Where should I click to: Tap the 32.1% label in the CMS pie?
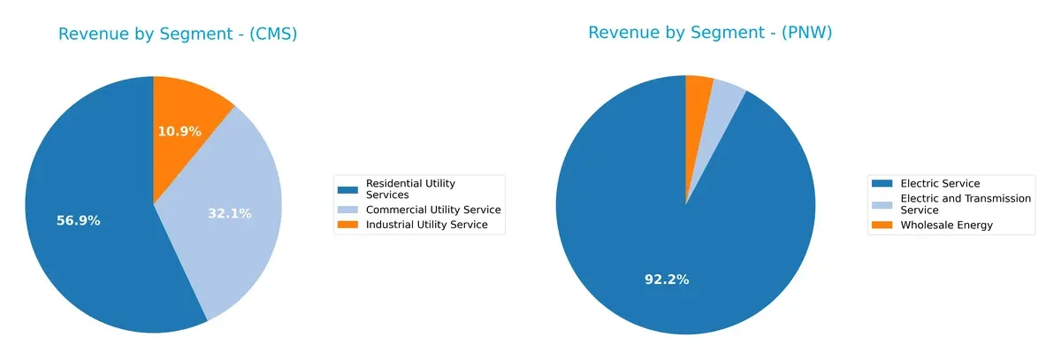click(230, 213)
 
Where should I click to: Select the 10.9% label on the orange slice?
click(179, 132)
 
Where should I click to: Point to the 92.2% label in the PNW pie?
click(667, 280)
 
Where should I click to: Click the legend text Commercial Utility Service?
click(433, 210)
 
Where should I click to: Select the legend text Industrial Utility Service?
click(427, 225)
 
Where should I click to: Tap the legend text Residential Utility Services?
click(410, 188)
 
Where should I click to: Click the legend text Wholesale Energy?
click(946, 225)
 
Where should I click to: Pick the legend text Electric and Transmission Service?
click(965, 204)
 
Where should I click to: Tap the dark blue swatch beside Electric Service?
click(882, 183)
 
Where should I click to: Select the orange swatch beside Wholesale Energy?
click(882, 225)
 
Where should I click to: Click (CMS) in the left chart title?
click(273, 34)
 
